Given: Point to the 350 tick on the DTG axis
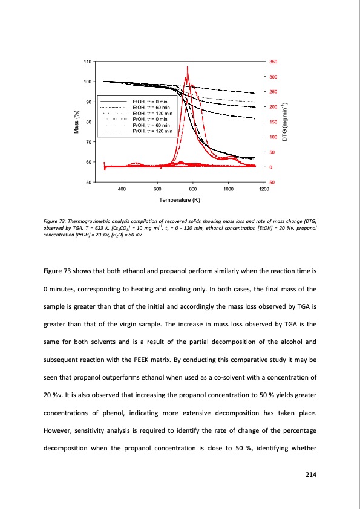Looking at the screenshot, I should click(x=273, y=62).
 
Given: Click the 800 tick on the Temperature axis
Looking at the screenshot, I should click(x=192, y=189).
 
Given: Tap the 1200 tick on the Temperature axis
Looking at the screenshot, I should click(x=263, y=189).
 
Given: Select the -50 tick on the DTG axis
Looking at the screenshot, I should click(x=273, y=182).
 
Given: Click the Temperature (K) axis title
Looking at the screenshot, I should click(x=180, y=200).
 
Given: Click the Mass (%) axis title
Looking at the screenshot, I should click(x=76, y=122).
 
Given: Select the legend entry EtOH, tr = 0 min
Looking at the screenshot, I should click(x=152, y=97).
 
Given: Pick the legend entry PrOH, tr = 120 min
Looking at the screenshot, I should click(x=152, y=131).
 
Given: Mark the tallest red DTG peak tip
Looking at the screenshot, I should click(x=188, y=67).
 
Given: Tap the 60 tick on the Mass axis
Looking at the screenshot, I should click(x=88, y=162).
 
